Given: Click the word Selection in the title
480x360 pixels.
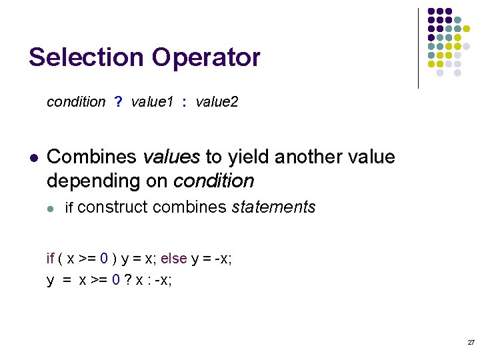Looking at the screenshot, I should coord(86,57).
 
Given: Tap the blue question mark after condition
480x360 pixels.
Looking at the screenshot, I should coord(118,102).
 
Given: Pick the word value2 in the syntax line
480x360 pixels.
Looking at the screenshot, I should coord(217,102).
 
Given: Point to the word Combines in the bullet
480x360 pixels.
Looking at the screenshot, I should coord(92,157).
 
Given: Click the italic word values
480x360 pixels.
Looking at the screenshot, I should coord(171,157).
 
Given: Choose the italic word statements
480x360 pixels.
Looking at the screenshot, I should coord(273,207).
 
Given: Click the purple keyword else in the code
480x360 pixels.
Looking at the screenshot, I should coord(173,259).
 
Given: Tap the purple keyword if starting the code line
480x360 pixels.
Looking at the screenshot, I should coord(50,259).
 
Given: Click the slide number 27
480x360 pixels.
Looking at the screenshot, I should coord(471,342).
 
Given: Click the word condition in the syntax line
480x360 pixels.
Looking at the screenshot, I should coord(76,102).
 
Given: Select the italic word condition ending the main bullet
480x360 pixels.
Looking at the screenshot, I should coord(213,181).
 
